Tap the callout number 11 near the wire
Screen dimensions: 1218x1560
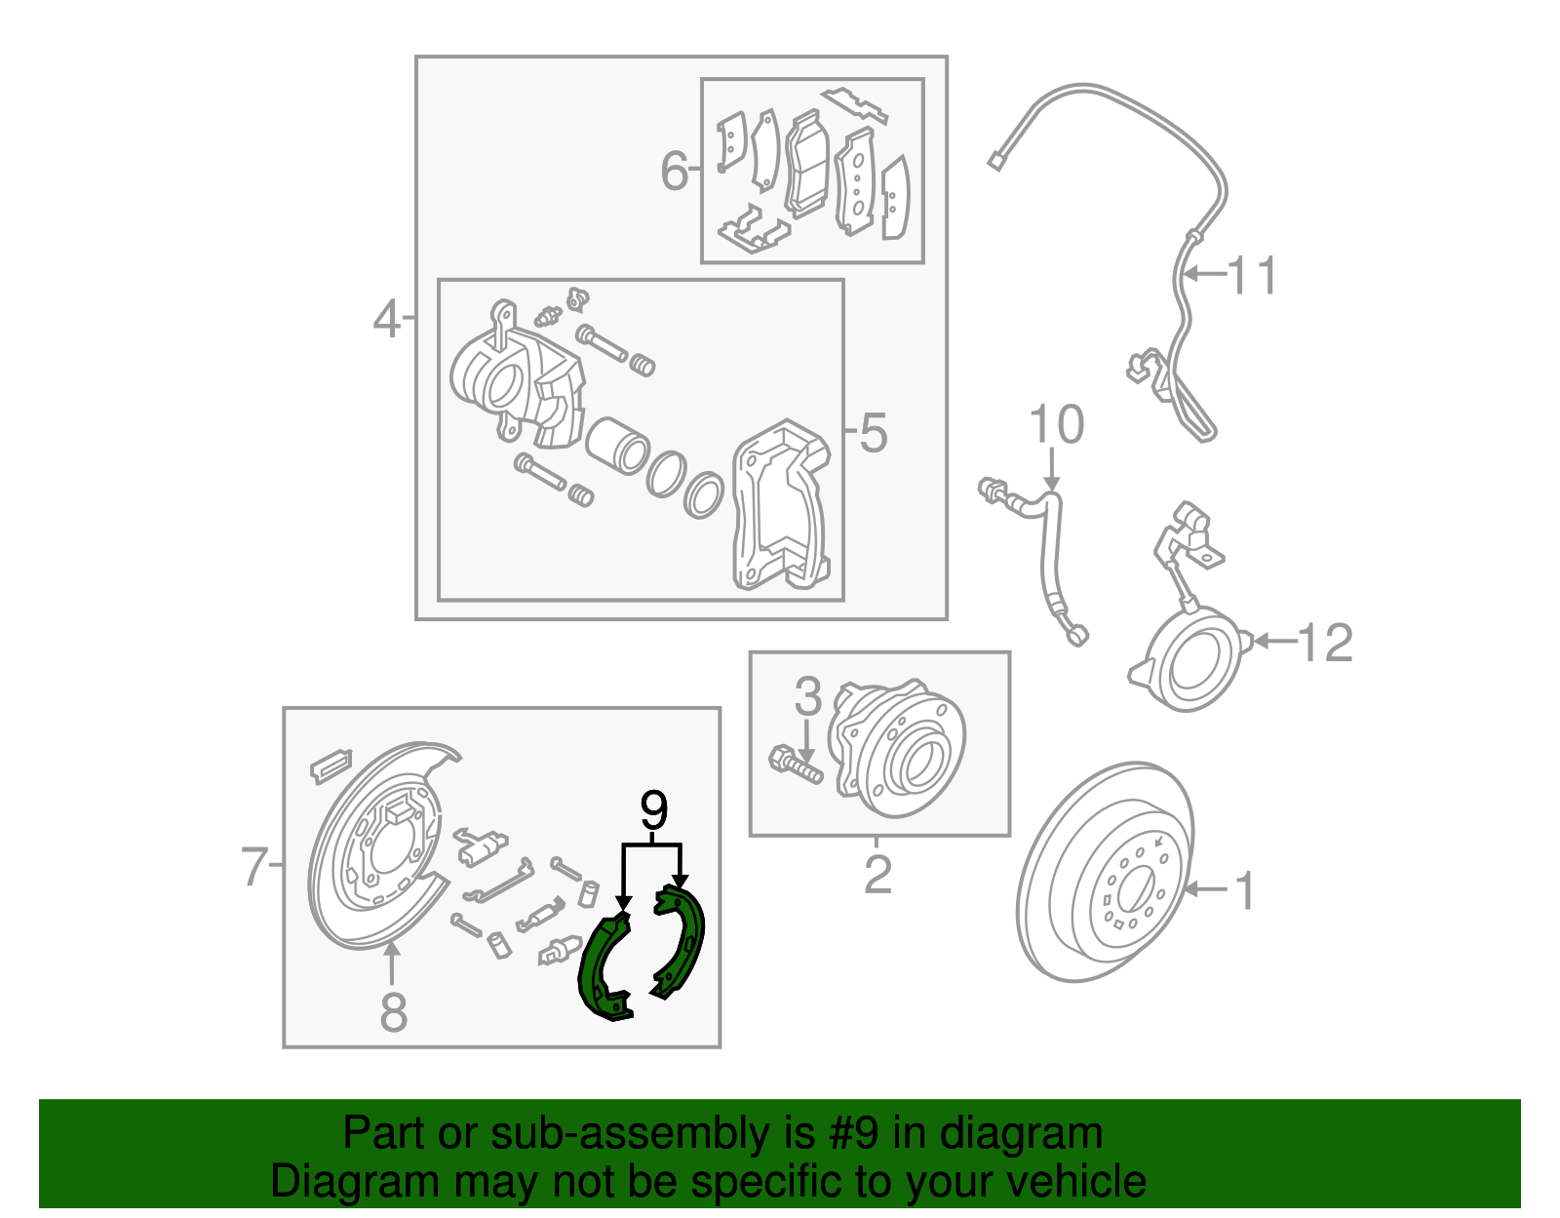click(1252, 276)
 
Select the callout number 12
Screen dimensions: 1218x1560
click(1326, 643)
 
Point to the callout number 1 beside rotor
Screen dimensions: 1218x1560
click(1245, 890)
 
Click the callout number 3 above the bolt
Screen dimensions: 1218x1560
click(807, 696)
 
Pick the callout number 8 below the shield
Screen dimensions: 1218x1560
click(393, 1012)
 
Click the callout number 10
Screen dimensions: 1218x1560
click(1056, 425)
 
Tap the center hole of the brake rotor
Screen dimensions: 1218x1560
click(1135, 889)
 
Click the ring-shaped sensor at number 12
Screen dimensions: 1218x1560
click(1195, 659)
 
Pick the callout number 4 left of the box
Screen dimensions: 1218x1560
click(387, 319)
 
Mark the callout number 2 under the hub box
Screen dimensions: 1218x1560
click(877, 875)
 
